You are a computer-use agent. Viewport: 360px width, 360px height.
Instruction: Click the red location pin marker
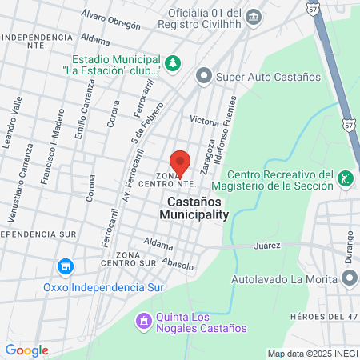coord(181,162)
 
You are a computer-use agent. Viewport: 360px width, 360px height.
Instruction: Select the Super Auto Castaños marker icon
coord(204,77)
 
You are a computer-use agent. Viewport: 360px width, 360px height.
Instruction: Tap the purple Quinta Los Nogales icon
coord(144,322)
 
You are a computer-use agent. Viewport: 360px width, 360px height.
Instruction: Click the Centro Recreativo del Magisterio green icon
coord(346,178)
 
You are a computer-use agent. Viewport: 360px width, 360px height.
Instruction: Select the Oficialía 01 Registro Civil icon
coord(254,15)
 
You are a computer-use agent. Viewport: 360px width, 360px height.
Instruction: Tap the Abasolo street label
coord(177,261)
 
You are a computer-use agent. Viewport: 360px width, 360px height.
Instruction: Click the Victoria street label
coord(204,121)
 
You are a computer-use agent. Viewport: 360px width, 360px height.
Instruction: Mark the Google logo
coord(27,350)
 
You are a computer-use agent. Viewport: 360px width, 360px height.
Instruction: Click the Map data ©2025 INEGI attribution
coord(311,354)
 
